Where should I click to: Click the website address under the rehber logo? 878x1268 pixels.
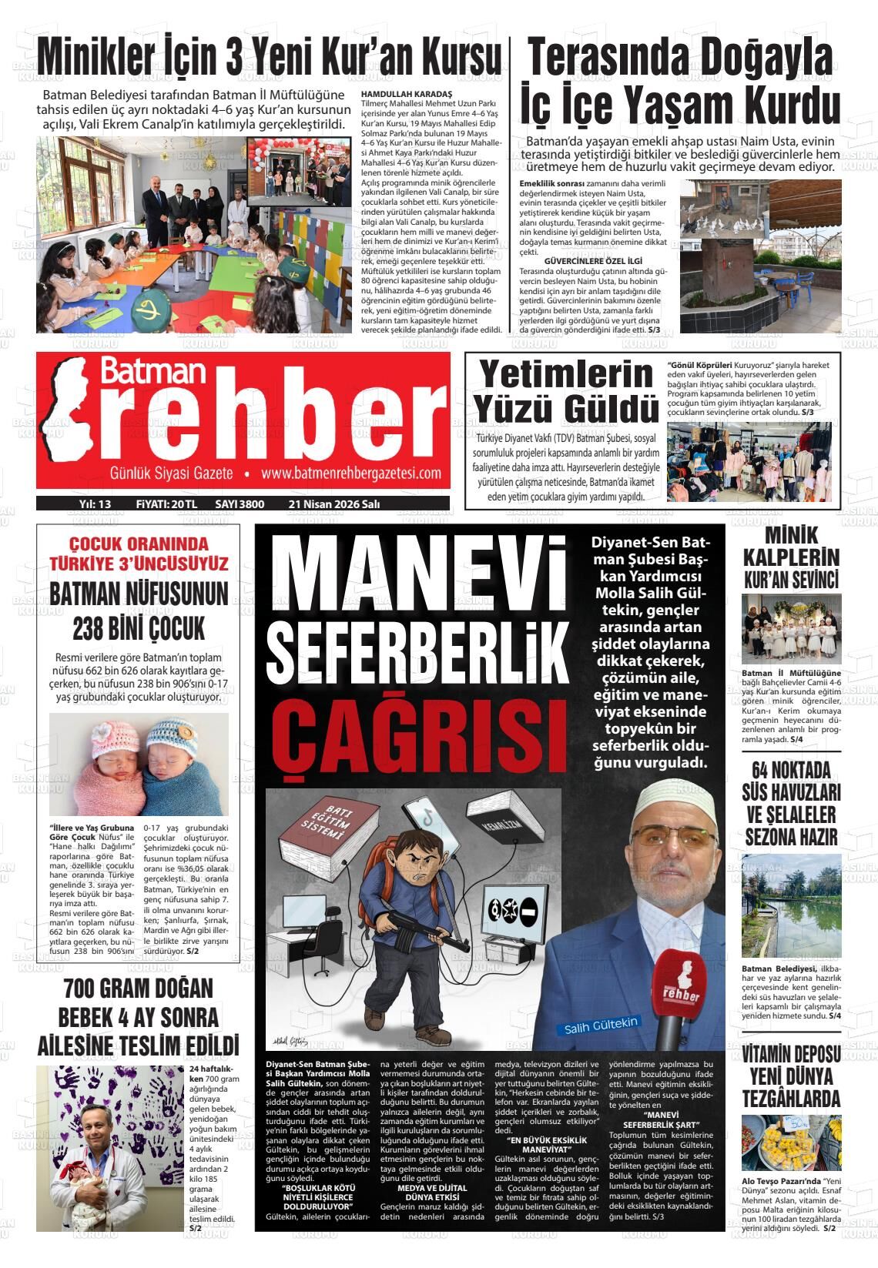(x=350, y=473)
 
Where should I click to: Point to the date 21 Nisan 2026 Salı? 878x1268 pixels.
(x=334, y=504)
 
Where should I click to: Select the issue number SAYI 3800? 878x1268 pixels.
(x=240, y=504)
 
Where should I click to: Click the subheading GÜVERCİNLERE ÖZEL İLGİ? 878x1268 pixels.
(x=593, y=262)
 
